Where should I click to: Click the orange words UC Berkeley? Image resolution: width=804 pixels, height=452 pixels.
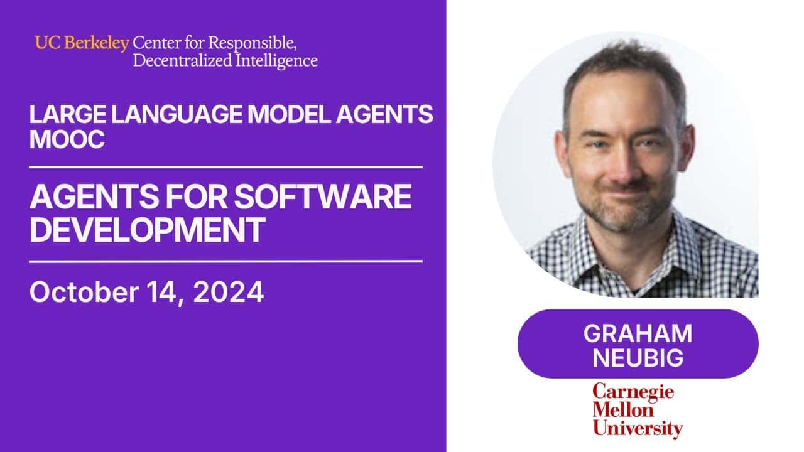coord(82,43)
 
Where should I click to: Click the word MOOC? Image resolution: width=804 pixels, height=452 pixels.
coord(67,139)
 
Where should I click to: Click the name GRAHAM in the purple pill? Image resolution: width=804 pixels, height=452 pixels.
coord(638,333)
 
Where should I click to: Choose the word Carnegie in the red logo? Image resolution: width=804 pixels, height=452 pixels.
coord(633,393)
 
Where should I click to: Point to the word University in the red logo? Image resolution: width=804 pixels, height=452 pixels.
coord(638,429)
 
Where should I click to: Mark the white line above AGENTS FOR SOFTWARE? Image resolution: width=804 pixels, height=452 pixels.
coord(226,167)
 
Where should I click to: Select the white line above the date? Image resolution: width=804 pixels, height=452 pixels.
coord(226,261)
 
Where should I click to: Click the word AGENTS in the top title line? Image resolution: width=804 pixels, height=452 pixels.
coord(383,115)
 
